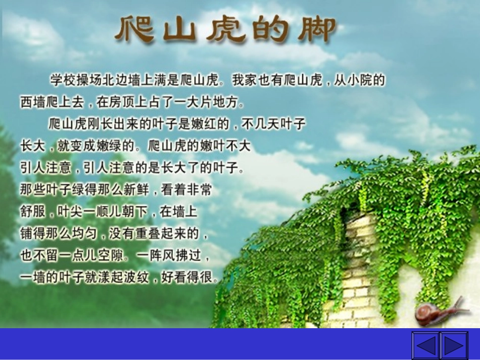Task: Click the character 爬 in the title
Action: (x=134, y=29)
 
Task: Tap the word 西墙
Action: (x=33, y=102)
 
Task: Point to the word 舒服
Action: (x=33, y=212)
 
